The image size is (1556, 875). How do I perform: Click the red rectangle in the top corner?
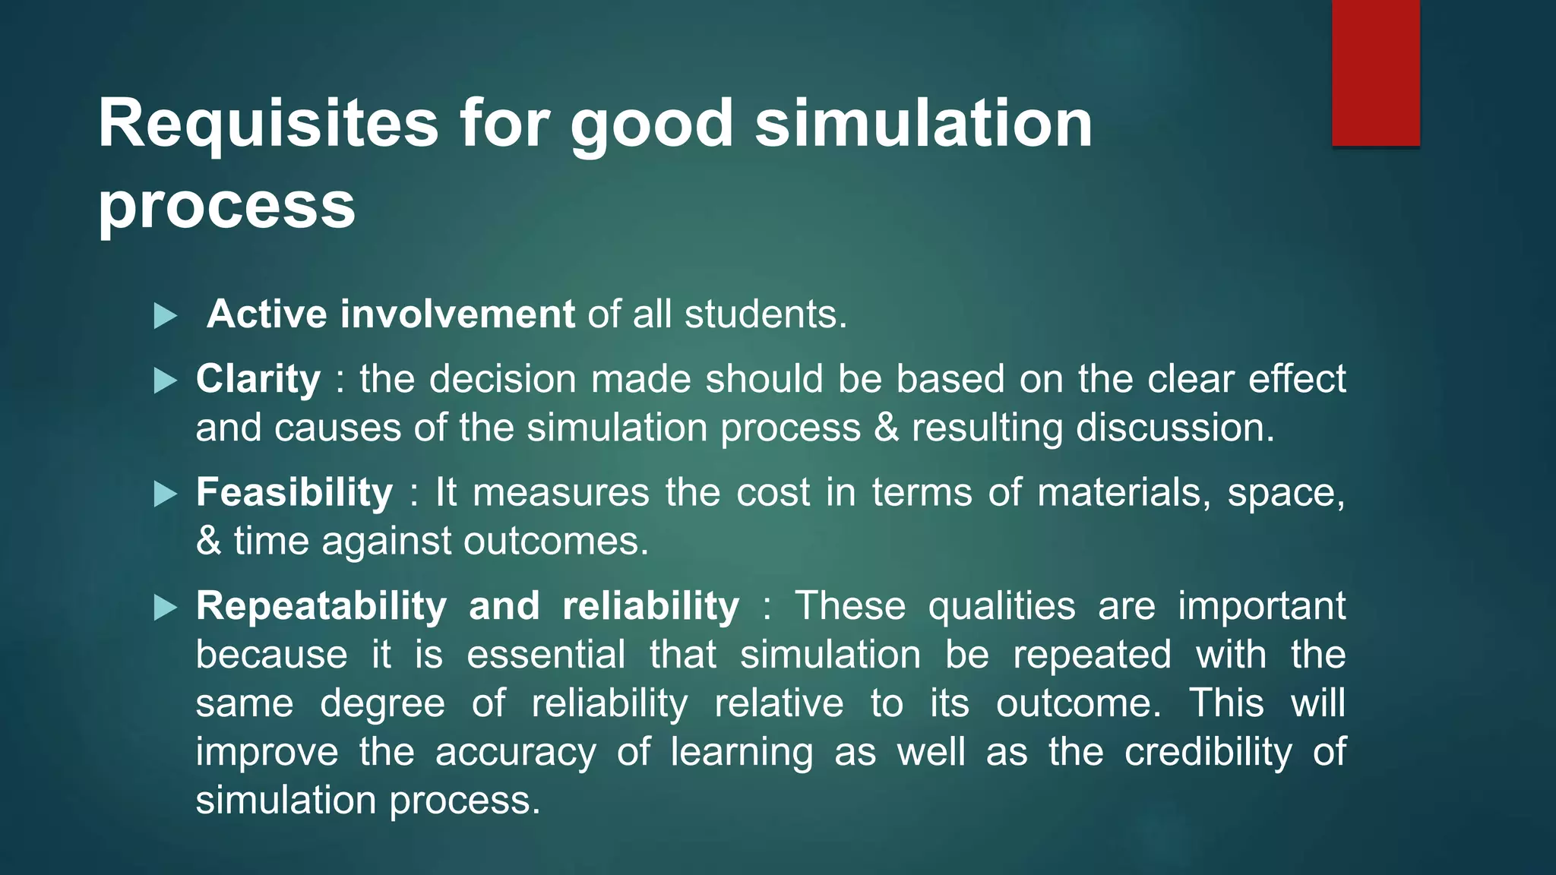click(1375, 73)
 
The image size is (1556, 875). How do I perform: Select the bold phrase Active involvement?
click(391, 314)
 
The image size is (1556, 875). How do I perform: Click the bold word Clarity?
click(258, 379)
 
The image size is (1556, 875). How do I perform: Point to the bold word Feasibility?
click(294, 492)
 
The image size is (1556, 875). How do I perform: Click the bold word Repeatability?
click(321, 606)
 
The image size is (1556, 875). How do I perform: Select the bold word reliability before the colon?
click(650, 606)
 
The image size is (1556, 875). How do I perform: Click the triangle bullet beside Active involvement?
click(165, 315)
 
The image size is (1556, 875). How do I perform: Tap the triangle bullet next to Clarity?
click(165, 380)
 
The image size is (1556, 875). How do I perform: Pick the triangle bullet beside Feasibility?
click(165, 494)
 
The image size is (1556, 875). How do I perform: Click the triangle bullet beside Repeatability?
click(165, 607)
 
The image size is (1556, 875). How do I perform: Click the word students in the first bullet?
click(764, 314)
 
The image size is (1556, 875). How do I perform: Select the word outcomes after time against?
click(555, 542)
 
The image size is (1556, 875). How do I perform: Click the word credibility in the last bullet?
click(1208, 752)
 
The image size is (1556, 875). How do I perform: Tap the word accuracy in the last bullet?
click(516, 752)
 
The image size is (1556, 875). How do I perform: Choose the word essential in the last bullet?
click(546, 655)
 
